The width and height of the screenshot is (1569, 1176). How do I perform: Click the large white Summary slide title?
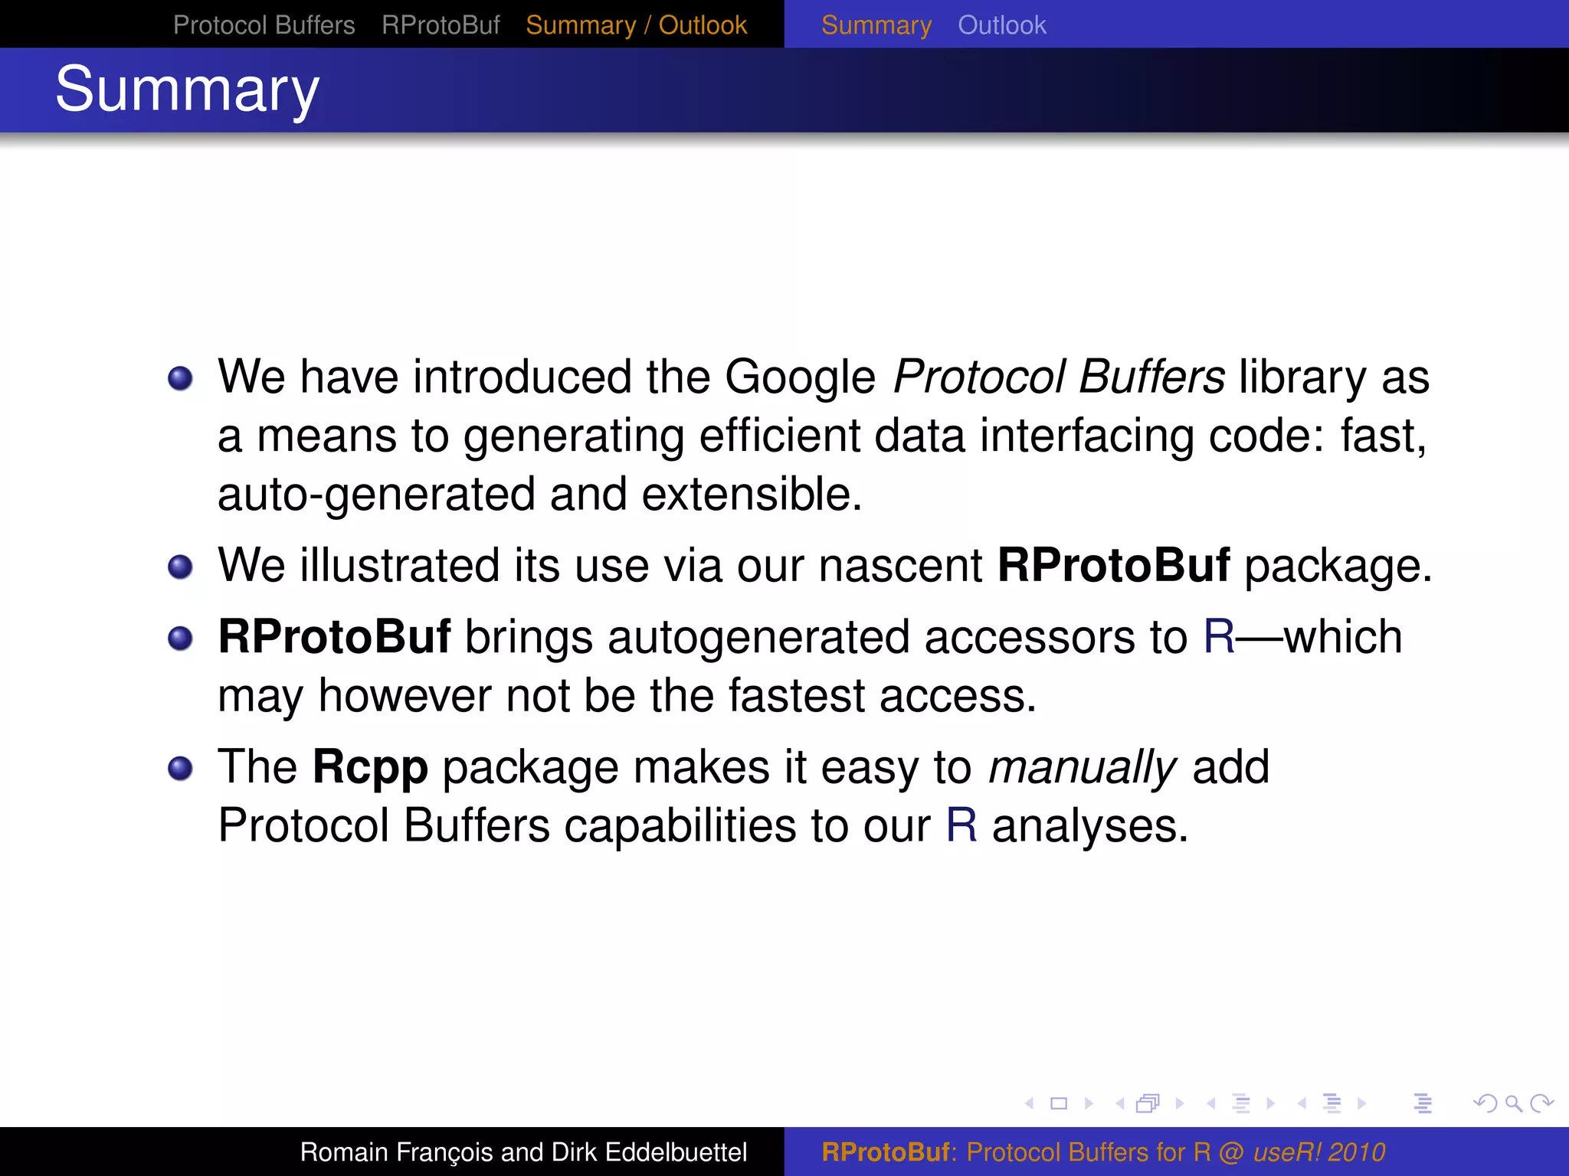pyautogui.click(x=187, y=90)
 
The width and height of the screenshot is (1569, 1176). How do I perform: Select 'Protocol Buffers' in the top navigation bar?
pyautogui.click(x=264, y=25)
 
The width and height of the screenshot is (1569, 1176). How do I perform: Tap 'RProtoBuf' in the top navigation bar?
pyautogui.click(x=441, y=25)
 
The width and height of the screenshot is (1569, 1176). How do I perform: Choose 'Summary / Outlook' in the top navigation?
pyautogui.click(x=636, y=25)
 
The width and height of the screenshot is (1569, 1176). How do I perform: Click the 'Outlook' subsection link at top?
pyautogui.click(x=1001, y=25)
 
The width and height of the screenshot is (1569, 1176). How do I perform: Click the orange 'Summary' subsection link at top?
pyautogui.click(x=876, y=25)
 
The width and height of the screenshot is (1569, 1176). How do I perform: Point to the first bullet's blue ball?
pyautogui.click(x=180, y=378)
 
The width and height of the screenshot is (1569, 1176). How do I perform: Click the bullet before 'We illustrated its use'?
pyautogui.click(x=180, y=567)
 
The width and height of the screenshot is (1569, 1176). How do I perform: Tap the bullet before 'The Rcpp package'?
pyautogui.click(x=180, y=768)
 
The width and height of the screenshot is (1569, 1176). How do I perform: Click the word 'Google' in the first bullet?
pyautogui.click(x=800, y=377)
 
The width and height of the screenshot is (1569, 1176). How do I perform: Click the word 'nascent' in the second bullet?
pyautogui.click(x=900, y=565)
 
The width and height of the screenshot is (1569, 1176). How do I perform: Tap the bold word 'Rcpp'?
pyautogui.click(x=370, y=767)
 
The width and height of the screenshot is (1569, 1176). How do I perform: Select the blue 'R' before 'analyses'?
pyautogui.click(x=961, y=825)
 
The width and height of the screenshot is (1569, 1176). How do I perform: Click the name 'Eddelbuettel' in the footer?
pyautogui.click(x=675, y=1151)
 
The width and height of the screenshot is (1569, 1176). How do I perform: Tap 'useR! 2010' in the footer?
pyautogui.click(x=1319, y=1151)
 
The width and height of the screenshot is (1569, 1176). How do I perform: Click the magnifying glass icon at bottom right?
pyautogui.click(x=1513, y=1103)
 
